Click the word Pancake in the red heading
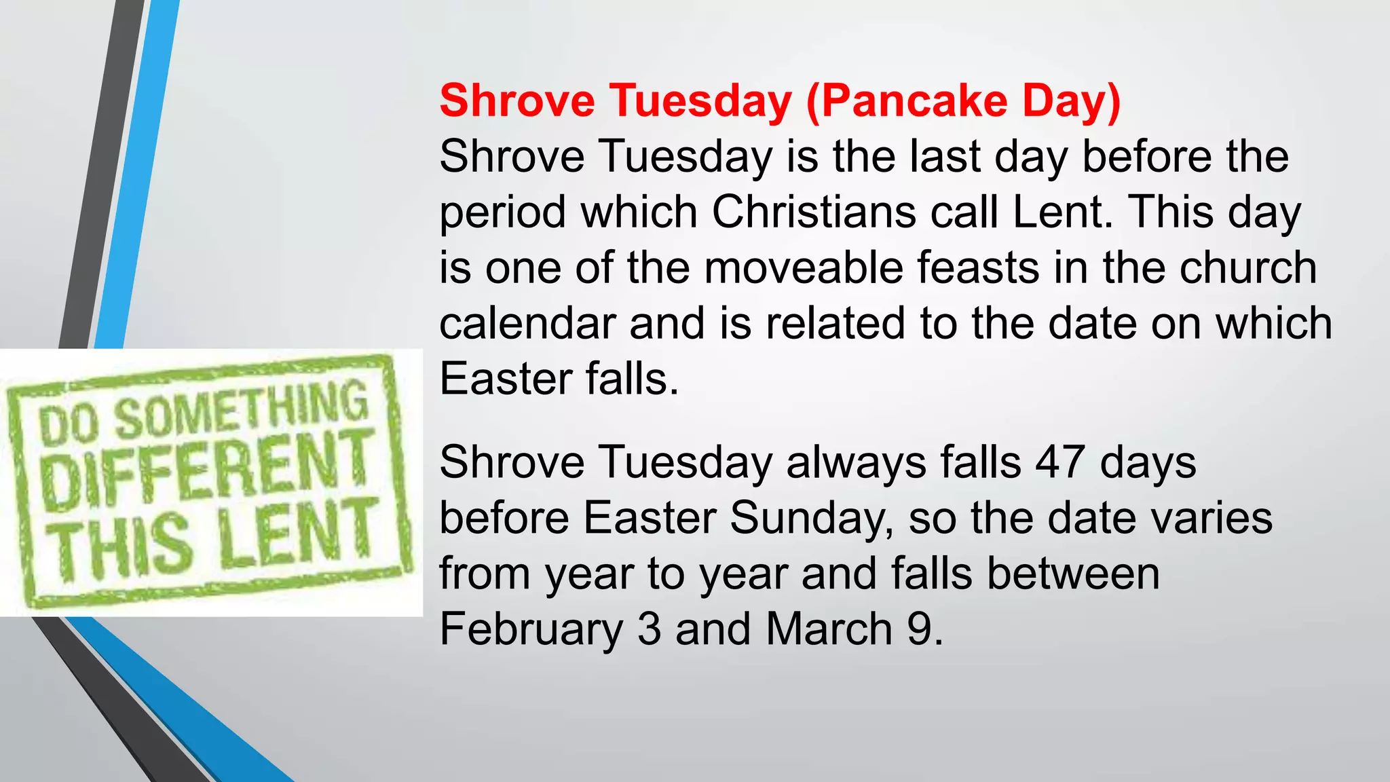pyautogui.click(x=914, y=101)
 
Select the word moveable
pyautogui.click(x=804, y=267)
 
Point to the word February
pyautogui.click(x=531, y=629)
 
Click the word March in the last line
pyautogui.click(x=829, y=629)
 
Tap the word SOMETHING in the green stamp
pyautogui.click(x=241, y=411)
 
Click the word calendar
pyautogui.click(x=527, y=323)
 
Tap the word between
pyautogui.click(x=1073, y=574)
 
